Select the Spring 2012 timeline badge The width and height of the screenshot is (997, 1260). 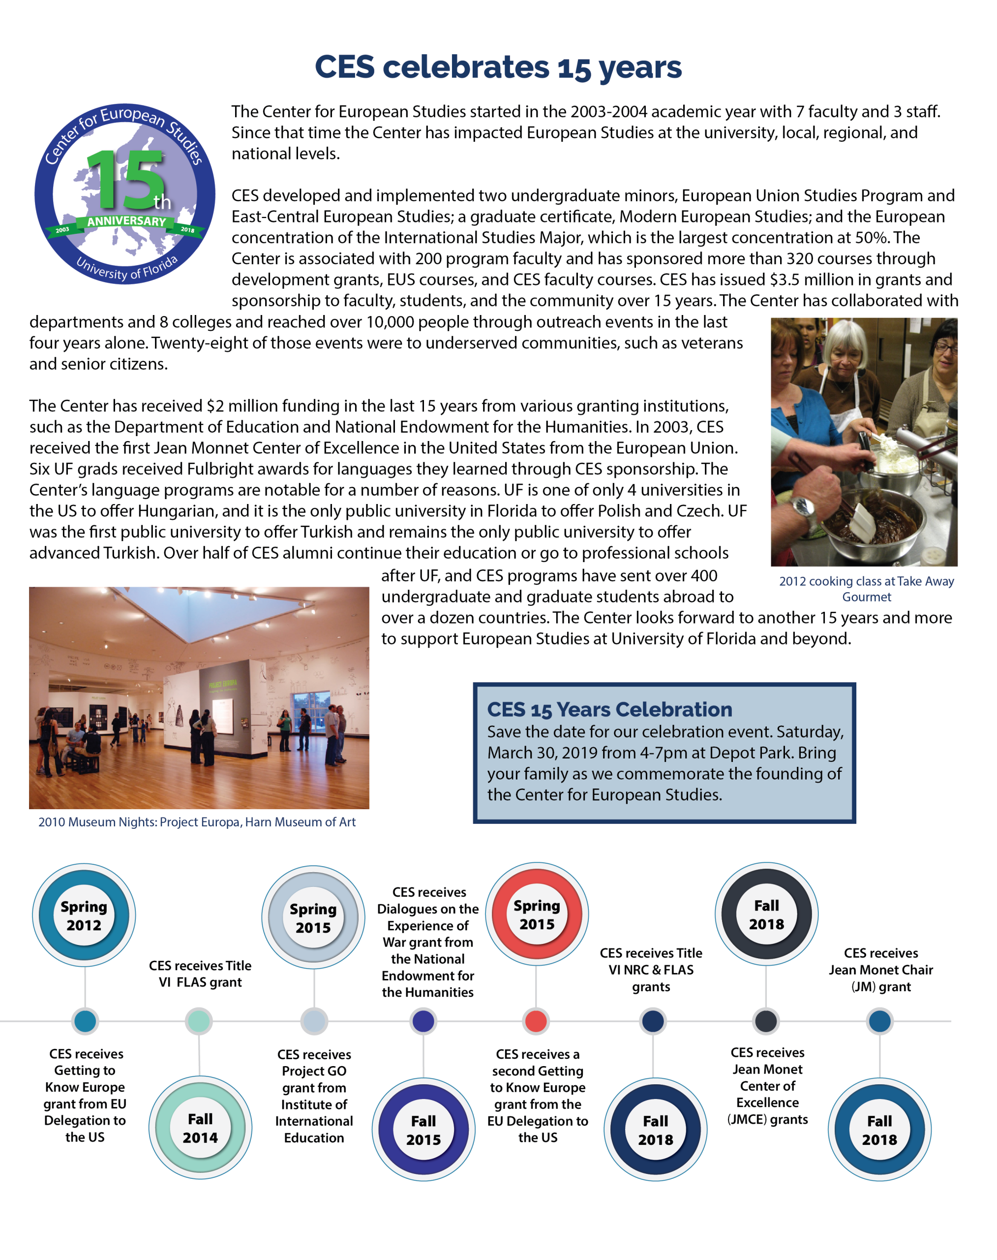point(84,915)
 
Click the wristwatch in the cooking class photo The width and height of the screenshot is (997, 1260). point(805,506)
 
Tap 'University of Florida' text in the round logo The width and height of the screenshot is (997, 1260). point(127,269)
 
